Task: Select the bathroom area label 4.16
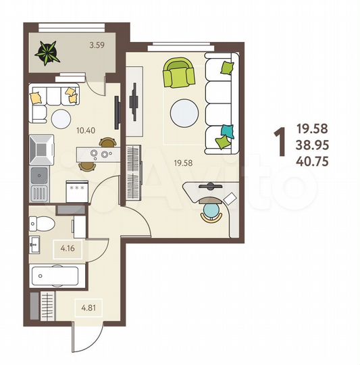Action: (x=67, y=248)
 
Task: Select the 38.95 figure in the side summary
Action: (x=312, y=143)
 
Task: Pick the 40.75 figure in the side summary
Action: (x=312, y=160)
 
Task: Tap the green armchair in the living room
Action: (x=178, y=74)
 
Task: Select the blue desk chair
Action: (x=211, y=214)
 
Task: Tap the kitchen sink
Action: (x=40, y=178)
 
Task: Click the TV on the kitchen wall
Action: (x=118, y=112)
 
